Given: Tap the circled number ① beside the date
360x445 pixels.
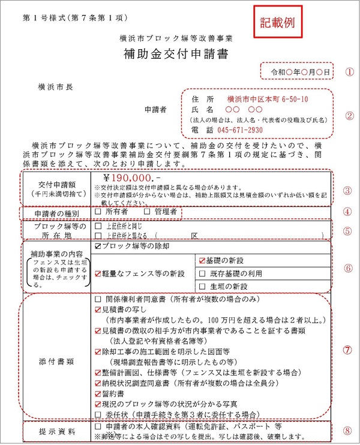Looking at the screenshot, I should coord(350,71).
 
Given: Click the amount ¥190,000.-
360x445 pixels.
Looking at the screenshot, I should coord(133,178).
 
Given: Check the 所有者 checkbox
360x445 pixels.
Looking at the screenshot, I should coord(98,212).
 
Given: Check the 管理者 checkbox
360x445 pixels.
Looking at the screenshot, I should coord(148,212).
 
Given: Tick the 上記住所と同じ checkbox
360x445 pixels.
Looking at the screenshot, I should coord(98,227).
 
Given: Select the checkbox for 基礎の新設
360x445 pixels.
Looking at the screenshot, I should coord(202,260).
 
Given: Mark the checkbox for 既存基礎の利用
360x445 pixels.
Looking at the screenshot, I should coord(202,273).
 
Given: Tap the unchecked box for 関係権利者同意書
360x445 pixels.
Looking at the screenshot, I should coord(98,298).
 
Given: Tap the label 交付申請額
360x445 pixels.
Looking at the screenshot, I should coord(57,184).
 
